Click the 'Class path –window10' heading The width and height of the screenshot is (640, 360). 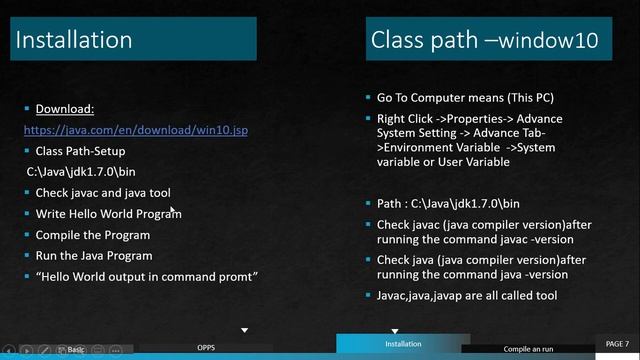click(x=484, y=40)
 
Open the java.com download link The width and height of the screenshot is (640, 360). click(x=135, y=130)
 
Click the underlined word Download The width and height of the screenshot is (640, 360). click(x=65, y=109)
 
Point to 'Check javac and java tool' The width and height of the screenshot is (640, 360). click(x=104, y=192)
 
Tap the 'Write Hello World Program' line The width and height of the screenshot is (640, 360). click(x=108, y=213)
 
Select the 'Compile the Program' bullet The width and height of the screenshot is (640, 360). click(x=93, y=235)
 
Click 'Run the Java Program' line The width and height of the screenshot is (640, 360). click(x=94, y=255)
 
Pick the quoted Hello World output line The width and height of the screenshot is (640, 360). click(x=147, y=276)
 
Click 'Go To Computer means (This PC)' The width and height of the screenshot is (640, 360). click(x=465, y=98)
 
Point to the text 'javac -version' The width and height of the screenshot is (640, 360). click(x=506, y=241)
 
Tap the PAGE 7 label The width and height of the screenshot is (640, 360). click(x=617, y=343)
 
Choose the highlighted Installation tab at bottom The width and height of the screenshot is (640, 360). click(x=403, y=344)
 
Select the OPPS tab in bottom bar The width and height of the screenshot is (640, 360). click(x=206, y=348)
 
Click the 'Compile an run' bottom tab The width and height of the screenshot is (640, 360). click(x=527, y=348)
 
